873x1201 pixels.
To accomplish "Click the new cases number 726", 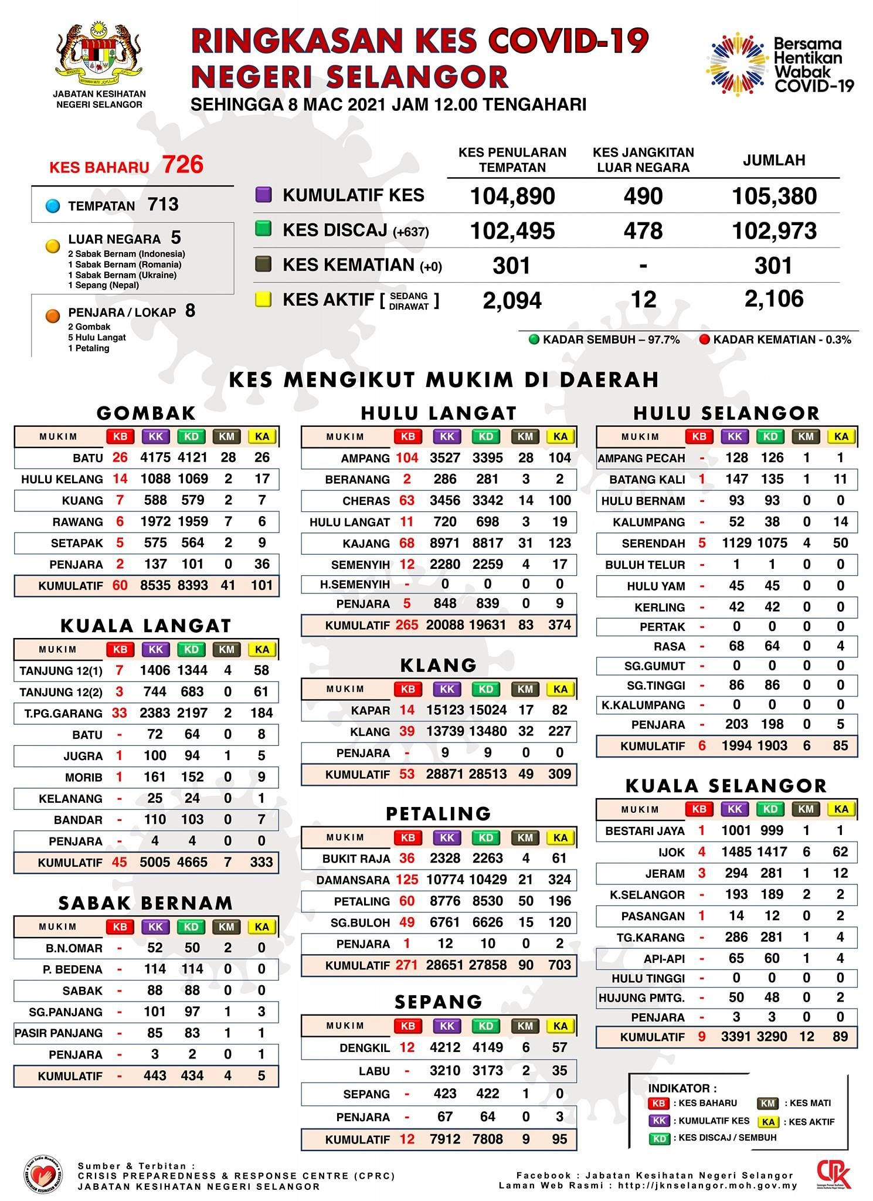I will coord(183,165).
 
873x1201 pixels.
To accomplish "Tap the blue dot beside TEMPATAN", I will coord(53,206).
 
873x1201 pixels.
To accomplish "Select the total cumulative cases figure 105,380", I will coord(774,196).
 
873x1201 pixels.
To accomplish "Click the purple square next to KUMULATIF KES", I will coord(263,195).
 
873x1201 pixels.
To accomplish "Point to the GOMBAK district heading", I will coord(146,413).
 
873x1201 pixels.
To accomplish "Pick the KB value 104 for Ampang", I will coord(407,457).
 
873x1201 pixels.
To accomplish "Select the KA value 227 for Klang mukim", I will coord(559,731).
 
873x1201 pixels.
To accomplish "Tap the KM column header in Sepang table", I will coord(525,1026).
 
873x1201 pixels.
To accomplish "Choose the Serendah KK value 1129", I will coord(736,543).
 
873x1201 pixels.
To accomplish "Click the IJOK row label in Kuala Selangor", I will coord(671,852).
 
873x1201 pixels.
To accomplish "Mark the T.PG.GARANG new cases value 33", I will coord(119,713).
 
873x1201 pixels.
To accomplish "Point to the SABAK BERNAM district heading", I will coord(145,903).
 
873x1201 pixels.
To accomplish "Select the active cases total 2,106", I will coord(774,299).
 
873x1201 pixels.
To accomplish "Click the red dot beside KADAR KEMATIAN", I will coord(705,340).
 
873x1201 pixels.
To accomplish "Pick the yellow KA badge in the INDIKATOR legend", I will coord(768,1121).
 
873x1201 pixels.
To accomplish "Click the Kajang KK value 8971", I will coord(444,543).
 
